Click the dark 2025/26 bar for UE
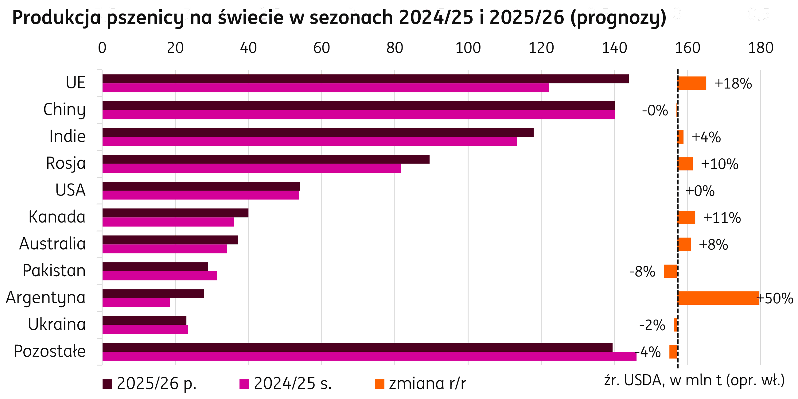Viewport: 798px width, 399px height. point(366,79)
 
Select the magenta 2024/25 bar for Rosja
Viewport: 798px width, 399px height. point(251,169)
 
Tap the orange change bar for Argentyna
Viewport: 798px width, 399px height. point(718,298)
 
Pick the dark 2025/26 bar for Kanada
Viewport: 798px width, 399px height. point(175,213)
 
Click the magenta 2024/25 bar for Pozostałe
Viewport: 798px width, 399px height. point(369,356)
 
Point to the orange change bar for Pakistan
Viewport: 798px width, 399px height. point(670,271)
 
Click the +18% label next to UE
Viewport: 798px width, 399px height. point(733,84)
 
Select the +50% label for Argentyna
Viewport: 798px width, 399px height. point(775,298)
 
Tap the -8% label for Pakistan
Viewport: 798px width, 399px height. point(642,272)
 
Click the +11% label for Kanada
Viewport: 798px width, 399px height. point(722,218)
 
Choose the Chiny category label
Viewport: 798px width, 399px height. point(64,110)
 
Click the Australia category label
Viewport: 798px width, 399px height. point(53,244)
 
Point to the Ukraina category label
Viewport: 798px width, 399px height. point(57,324)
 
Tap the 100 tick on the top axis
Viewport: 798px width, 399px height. point(468,48)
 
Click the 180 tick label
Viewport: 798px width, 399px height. point(761,48)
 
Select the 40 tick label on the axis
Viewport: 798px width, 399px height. point(248,48)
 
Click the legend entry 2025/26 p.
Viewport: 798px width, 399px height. point(150,384)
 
